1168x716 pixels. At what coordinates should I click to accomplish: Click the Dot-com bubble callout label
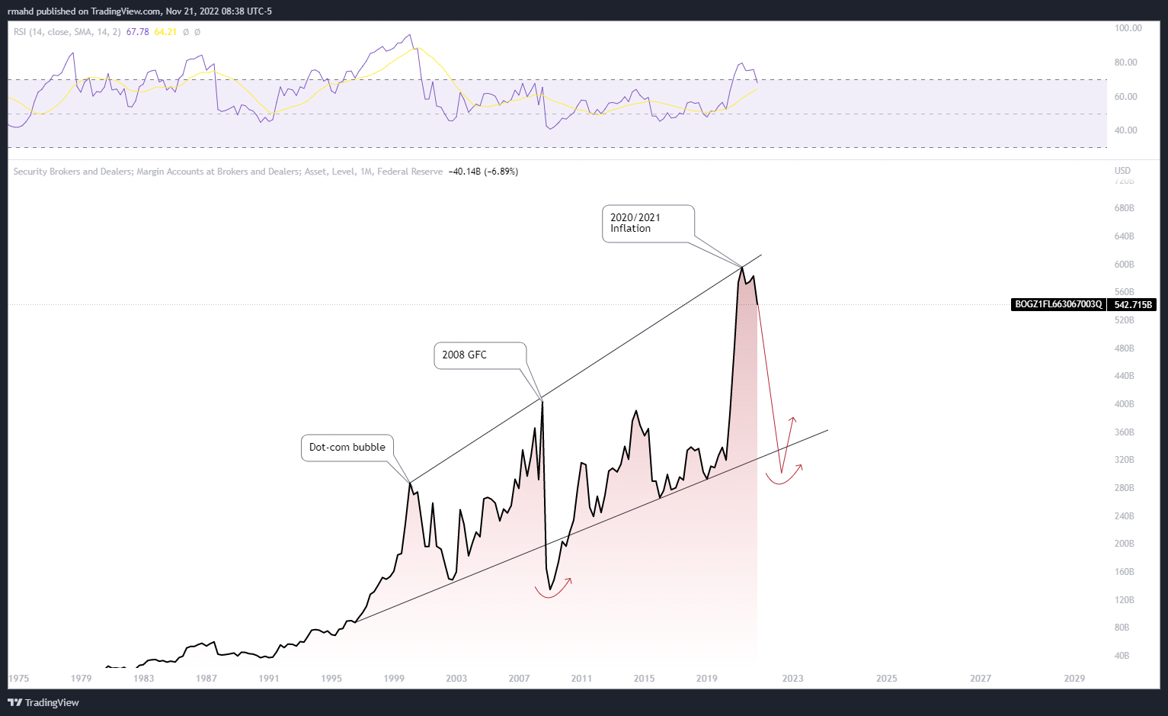click(x=347, y=448)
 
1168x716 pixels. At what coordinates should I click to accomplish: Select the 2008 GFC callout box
click(x=479, y=355)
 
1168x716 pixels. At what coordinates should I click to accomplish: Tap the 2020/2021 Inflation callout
click(x=648, y=223)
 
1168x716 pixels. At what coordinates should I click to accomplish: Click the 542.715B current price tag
click(x=1132, y=305)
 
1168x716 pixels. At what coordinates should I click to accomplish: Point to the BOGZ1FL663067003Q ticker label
click(x=1058, y=305)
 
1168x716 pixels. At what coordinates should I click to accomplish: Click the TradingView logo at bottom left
click(x=43, y=702)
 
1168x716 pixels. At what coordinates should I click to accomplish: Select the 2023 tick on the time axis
click(x=792, y=679)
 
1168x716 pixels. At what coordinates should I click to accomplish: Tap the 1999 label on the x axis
click(x=394, y=679)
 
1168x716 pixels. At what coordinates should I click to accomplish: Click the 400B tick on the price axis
click(x=1124, y=404)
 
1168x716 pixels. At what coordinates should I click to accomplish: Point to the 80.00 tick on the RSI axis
click(x=1125, y=63)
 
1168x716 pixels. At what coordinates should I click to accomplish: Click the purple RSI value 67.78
click(x=137, y=32)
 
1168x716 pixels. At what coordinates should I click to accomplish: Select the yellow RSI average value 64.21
click(x=165, y=32)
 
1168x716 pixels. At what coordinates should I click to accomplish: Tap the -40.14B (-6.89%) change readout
click(x=483, y=172)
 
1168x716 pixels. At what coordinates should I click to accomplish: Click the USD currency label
click(x=1122, y=171)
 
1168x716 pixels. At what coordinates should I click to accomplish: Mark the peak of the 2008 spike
click(x=542, y=401)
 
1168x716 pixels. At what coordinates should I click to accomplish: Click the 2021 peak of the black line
click(x=742, y=267)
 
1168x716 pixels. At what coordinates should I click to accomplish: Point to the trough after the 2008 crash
click(x=550, y=589)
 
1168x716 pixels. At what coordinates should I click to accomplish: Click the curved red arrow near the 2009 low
click(x=555, y=591)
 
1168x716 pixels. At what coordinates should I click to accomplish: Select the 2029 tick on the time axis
click(x=1074, y=679)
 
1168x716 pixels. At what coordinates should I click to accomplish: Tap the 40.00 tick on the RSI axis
click(x=1125, y=130)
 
